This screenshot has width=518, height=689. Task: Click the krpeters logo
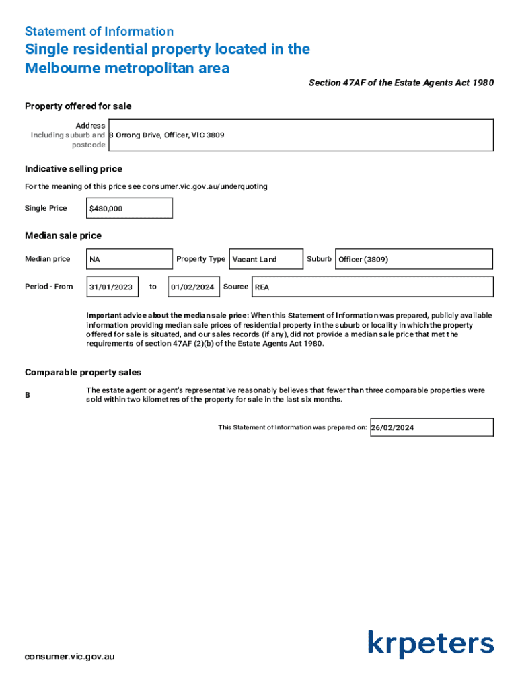431,644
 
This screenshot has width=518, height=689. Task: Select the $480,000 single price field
129,209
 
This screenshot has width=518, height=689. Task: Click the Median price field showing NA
129,259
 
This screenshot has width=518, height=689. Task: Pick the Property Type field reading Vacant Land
266,259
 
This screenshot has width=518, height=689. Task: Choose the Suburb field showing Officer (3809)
414,259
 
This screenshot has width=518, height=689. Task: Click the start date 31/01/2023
113,287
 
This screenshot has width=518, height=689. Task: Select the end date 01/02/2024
193,287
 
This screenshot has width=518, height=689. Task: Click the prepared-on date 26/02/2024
431,427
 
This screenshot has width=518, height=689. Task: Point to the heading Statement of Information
99,32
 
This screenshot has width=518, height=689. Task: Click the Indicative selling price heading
73,169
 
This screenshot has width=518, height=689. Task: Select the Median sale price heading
63,235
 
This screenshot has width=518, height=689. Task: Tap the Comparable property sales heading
83,372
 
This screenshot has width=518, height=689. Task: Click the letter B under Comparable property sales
28,395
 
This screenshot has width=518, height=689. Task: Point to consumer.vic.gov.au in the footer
69,657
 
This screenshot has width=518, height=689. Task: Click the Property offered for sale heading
78,106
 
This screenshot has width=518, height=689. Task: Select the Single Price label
46,208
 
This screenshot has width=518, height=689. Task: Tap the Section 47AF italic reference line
401,83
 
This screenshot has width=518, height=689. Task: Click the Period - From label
48,287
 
